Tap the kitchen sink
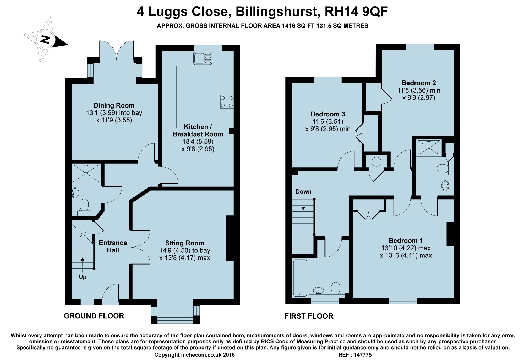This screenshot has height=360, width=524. click(x=203, y=58)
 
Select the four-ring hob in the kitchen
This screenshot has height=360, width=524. click(x=227, y=102)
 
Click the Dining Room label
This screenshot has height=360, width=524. click(x=114, y=105)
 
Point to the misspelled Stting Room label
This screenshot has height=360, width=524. click(x=184, y=243)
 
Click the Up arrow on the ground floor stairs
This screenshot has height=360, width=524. click(x=83, y=265)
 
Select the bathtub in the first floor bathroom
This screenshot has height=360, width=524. click(x=300, y=278)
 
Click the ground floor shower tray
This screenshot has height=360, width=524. click(x=86, y=173)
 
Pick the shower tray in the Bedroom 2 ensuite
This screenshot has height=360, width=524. click(x=429, y=148)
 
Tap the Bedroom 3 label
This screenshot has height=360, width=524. click(x=327, y=114)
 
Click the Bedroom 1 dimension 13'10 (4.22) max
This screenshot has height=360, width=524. click(x=406, y=248)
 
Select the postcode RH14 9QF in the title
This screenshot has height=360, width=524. click(x=356, y=12)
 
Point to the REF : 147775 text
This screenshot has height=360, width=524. click(x=355, y=355)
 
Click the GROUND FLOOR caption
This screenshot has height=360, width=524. click(x=94, y=316)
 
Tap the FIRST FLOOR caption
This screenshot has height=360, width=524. click(x=309, y=316)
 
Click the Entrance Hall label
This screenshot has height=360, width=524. click(x=113, y=246)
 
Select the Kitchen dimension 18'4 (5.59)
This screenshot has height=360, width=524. click(x=198, y=142)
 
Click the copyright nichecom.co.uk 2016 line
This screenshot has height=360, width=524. click(x=194, y=355)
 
